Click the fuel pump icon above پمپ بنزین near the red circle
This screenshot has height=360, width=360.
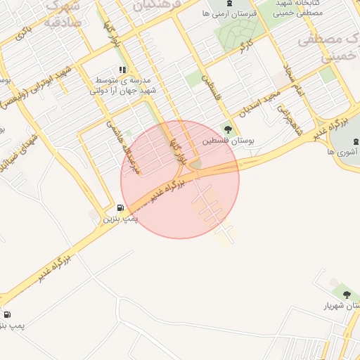tap(120, 208)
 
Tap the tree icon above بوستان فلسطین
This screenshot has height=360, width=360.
tap(228, 129)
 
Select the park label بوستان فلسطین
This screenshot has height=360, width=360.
tap(228, 141)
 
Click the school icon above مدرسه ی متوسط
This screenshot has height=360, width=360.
tap(122, 70)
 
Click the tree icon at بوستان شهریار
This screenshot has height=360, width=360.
tap(346, 294)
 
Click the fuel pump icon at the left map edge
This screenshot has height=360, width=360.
tap(7, 315)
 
